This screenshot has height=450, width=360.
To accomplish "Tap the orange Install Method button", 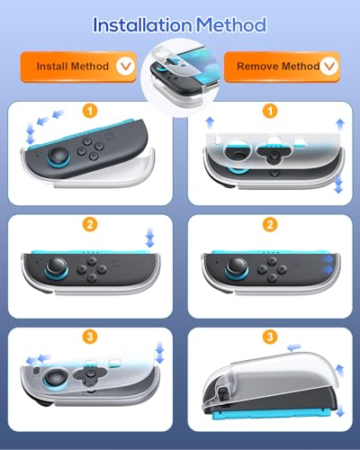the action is click(x=78, y=67).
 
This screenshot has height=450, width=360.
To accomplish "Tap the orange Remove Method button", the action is click(x=282, y=67).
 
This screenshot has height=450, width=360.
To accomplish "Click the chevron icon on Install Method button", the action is click(x=125, y=66).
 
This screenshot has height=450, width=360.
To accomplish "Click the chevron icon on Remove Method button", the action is click(x=328, y=66).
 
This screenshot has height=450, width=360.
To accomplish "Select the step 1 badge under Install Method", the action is click(x=90, y=111).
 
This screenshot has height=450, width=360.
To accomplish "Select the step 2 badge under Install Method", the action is click(x=90, y=224).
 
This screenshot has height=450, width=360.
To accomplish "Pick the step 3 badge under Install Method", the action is click(x=90, y=337).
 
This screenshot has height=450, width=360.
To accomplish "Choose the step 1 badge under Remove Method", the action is click(x=270, y=111).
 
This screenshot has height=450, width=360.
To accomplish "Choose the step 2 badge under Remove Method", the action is click(x=270, y=224).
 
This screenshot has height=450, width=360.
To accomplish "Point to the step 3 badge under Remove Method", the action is click(x=270, y=337).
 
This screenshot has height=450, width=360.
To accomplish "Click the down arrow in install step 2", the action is click(x=150, y=238).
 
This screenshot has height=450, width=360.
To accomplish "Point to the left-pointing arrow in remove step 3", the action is click(x=294, y=347).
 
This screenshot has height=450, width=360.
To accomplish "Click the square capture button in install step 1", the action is click(x=109, y=138).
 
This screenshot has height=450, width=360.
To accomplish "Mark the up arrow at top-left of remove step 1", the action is click(x=210, y=123).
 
